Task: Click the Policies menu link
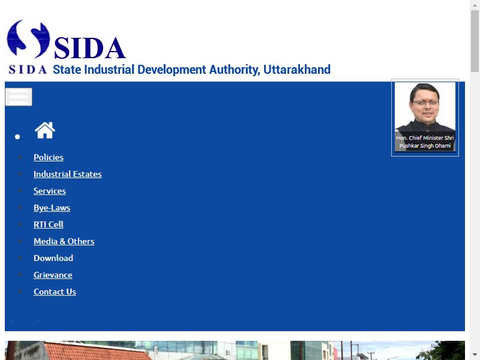(49, 157)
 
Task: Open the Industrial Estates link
(68, 174)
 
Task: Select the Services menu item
(50, 191)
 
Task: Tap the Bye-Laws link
(52, 208)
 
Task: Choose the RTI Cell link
(49, 224)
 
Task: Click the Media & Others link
(64, 241)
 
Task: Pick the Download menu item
(53, 258)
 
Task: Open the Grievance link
(53, 275)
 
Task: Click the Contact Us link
(55, 292)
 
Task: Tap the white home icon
(45, 130)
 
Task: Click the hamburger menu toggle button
(19, 97)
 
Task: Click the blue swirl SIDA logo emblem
(28, 39)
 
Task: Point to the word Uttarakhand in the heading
(297, 70)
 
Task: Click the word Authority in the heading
(235, 70)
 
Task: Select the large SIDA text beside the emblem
(89, 48)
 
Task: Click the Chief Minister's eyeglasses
(425, 103)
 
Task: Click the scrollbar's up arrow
(475, 5)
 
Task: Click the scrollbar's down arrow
(475, 355)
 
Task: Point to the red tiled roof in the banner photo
(95, 351)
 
